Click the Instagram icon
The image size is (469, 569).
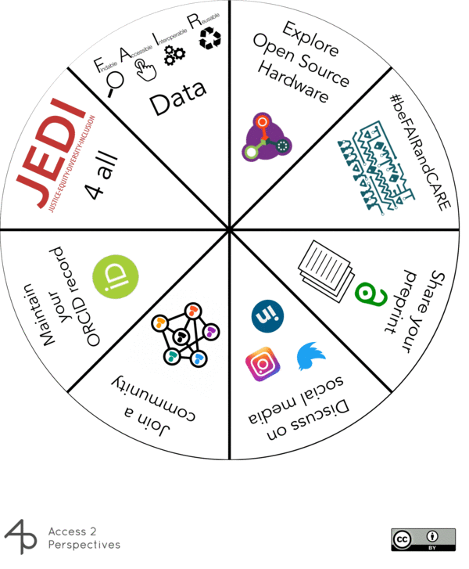tap(263, 363)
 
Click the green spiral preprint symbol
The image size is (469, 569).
tap(367, 294)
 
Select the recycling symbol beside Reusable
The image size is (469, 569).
tap(209, 38)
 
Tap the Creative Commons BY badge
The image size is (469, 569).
tap(423, 539)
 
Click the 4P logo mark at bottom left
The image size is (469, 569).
tap(21, 538)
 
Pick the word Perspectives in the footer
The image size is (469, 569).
tap(84, 545)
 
